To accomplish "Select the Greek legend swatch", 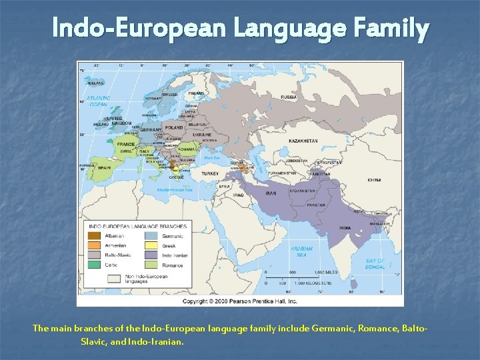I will tap(152, 245).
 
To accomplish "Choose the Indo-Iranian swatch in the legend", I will tap(152, 255).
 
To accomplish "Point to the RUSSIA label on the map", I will tap(289, 97).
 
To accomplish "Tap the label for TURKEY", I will tap(210, 173).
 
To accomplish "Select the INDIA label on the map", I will tap(345, 228).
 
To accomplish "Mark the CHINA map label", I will tap(374, 180).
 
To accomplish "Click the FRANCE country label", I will tap(126, 144).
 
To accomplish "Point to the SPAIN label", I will tap(104, 167).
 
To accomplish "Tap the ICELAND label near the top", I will tap(96, 83).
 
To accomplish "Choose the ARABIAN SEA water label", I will tap(301, 251).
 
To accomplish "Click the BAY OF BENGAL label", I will tap(375, 264).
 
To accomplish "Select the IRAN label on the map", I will tap(271, 193).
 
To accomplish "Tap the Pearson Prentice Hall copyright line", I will tap(240, 301).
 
